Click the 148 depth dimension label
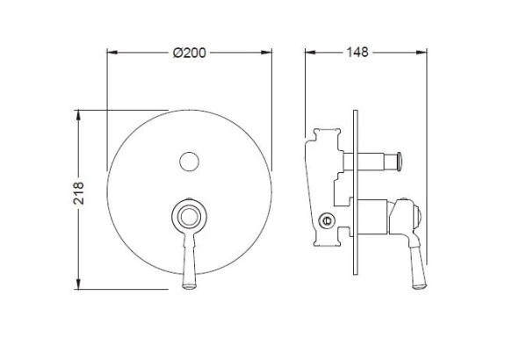tap(357, 53)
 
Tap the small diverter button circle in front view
tap(188, 161)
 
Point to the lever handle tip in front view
tap(187, 283)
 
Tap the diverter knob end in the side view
tap(401, 161)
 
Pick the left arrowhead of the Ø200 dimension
tap(109, 53)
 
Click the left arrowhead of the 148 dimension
tap(307, 53)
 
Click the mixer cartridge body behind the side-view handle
tap(376, 216)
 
